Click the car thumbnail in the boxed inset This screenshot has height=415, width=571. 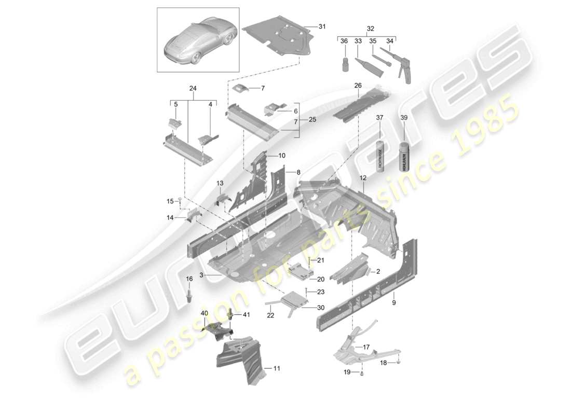click(198, 41)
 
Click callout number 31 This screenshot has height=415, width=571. click(322, 26)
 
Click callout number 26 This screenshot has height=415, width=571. click(358, 86)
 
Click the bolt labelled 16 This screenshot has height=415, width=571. click(189, 296)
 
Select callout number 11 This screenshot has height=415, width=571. click(277, 369)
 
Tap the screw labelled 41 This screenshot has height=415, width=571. click(230, 313)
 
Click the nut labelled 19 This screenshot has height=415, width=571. click(362, 372)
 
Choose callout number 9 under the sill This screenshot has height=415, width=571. click(393, 302)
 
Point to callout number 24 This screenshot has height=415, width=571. click(193, 89)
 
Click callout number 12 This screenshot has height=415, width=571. click(363, 178)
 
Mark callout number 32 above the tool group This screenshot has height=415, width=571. click(370, 29)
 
